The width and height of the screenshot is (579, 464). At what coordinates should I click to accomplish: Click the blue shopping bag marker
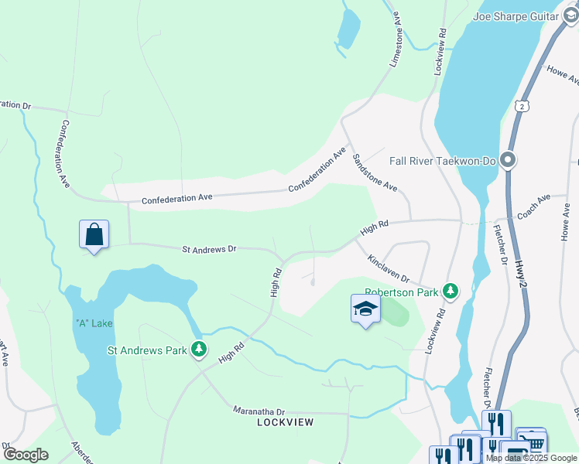click(x=94, y=234)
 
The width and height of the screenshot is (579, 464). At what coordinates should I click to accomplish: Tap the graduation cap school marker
click(x=365, y=309)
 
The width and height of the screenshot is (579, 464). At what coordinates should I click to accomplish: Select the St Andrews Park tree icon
click(x=199, y=350)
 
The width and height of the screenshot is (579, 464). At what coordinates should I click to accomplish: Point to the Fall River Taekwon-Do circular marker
click(x=508, y=161)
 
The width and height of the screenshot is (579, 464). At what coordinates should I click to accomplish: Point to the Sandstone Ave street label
click(x=375, y=172)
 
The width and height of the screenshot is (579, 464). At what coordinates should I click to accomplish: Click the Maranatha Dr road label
click(x=259, y=411)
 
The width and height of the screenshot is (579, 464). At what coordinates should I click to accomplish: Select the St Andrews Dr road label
click(x=209, y=249)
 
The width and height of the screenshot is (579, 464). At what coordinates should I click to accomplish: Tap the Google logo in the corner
click(x=26, y=454)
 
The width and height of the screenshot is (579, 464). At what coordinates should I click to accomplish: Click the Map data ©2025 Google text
click(x=532, y=458)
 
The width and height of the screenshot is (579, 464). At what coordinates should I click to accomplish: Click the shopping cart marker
click(x=532, y=443)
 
